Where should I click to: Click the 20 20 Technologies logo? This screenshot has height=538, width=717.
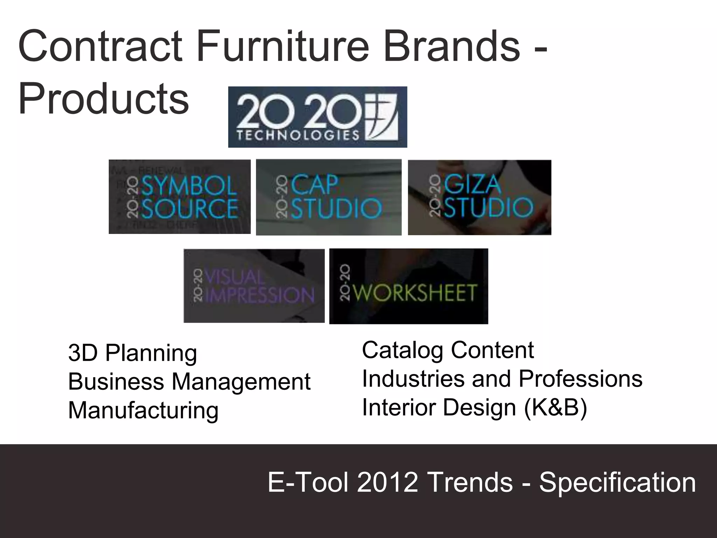pyautogui.click(x=317, y=117)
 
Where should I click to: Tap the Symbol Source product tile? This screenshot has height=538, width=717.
pyautogui.click(x=180, y=197)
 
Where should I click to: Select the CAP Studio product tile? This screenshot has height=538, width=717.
pyautogui.click(x=328, y=197)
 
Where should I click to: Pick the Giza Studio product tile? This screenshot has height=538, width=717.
pyautogui.click(x=479, y=197)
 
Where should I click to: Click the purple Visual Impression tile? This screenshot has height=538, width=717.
pyautogui.click(x=254, y=286)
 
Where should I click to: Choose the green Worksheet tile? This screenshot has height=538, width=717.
pyautogui.click(x=409, y=286)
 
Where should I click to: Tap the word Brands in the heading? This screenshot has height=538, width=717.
pyautogui.click(x=452, y=46)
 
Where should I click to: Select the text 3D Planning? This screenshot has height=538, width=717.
pyautogui.click(x=133, y=353)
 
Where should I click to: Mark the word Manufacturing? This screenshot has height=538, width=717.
pyautogui.click(x=143, y=410)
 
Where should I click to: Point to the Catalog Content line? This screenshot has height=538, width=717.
pyautogui.click(x=448, y=350)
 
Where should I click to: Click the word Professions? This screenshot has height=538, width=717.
pyautogui.click(x=580, y=379)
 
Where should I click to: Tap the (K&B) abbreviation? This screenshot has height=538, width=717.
pyautogui.click(x=555, y=408)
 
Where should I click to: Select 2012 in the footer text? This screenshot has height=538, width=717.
pyautogui.click(x=387, y=482)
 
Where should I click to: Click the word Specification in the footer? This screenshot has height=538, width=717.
pyautogui.click(x=617, y=482)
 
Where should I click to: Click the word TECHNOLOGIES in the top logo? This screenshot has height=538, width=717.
pyautogui.click(x=298, y=135)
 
